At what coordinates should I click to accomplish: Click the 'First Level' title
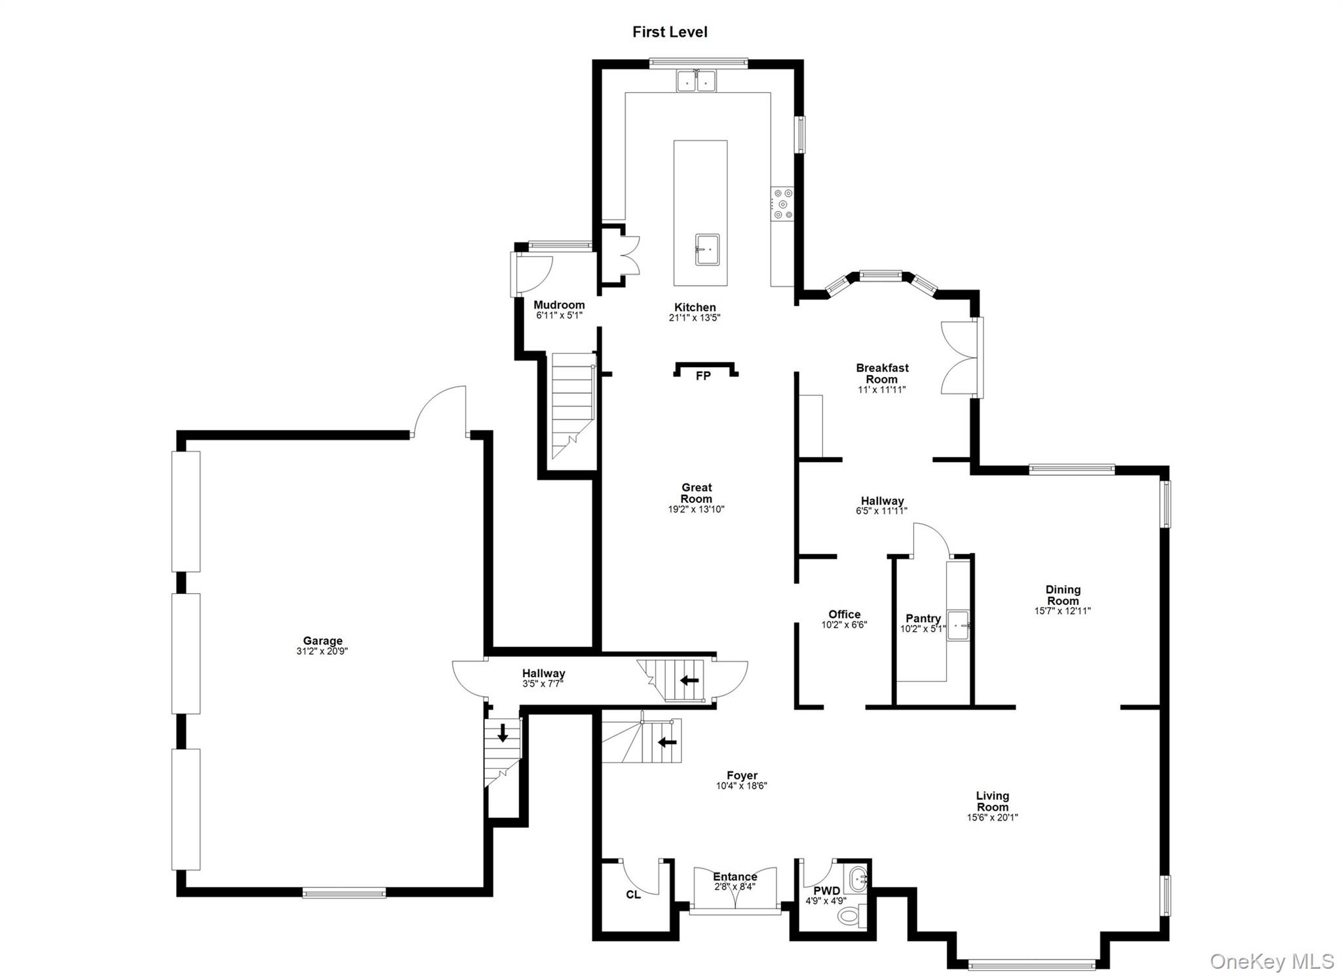pyautogui.click(x=669, y=32)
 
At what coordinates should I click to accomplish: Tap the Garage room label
pyautogui.click(x=322, y=641)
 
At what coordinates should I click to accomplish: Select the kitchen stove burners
pyautogui.click(x=782, y=204)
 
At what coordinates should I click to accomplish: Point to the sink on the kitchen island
pyautogui.click(x=707, y=250)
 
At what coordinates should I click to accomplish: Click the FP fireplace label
pyautogui.click(x=703, y=376)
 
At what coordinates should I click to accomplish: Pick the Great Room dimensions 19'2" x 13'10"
pyautogui.click(x=696, y=509)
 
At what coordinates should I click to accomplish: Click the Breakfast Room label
pyautogui.click(x=882, y=373)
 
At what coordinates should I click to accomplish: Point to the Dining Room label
pyautogui.click(x=1063, y=595)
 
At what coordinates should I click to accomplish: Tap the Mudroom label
pyautogui.click(x=559, y=305)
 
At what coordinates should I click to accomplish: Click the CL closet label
pyautogui.click(x=633, y=895)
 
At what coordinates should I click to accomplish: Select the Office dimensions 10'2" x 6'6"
pyautogui.click(x=844, y=625)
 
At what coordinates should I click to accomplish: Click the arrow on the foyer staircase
pyautogui.click(x=667, y=742)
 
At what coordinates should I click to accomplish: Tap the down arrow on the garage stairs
pyautogui.click(x=503, y=732)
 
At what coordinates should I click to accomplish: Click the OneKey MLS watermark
pyautogui.click(x=1271, y=961)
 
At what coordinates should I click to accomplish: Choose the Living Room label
pyautogui.click(x=992, y=801)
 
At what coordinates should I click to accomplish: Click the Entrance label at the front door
pyautogui.click(x=735, y=876)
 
